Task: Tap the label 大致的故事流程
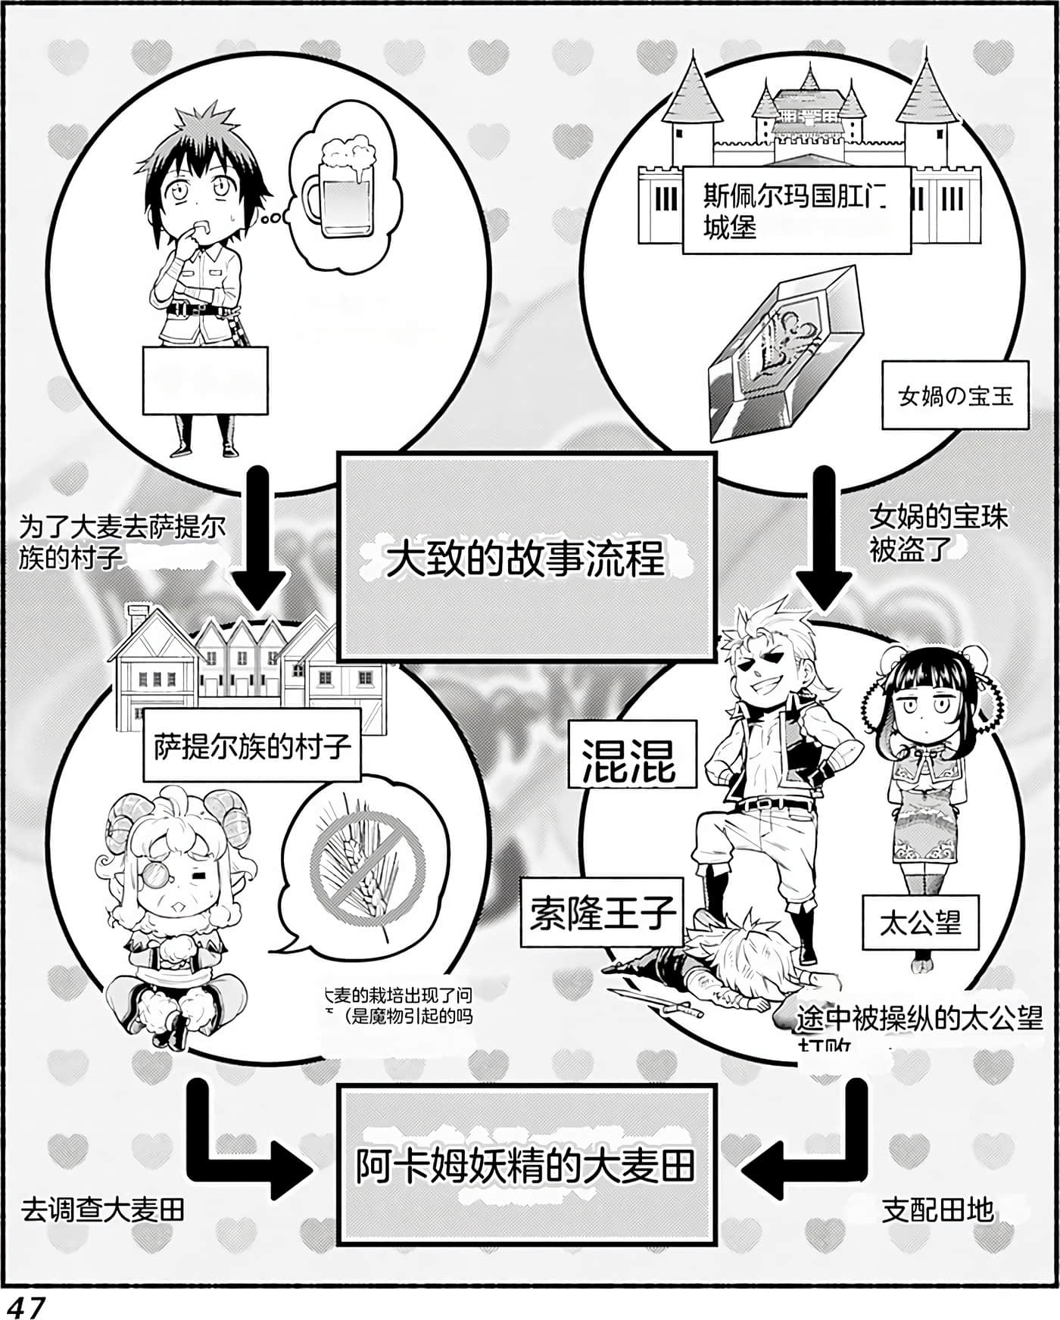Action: coord(525,558)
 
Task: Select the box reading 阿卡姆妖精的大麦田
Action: coord(525,1166)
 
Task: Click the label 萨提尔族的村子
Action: coord(251,746)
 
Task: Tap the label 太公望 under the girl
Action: coord(920,922)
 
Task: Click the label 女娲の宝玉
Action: coord(955,395)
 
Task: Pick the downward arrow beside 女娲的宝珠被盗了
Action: coord(824,537)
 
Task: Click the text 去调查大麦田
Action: coord(103,1210)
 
